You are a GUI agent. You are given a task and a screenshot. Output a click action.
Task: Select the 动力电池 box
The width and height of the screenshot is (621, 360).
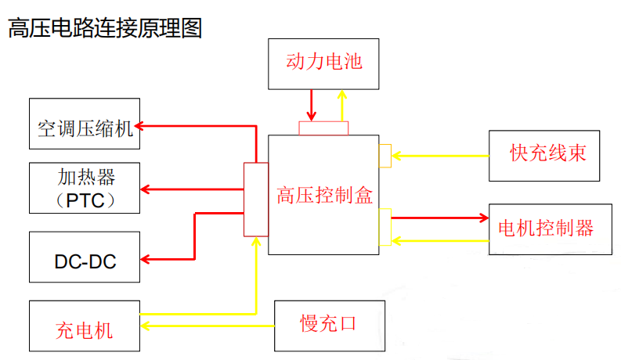[x=323, y=63]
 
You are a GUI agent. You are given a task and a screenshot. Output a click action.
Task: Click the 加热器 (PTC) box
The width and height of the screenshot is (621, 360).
[x=85, y=188]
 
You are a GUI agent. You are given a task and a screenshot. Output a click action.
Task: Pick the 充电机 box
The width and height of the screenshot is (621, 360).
[x=85, y=326]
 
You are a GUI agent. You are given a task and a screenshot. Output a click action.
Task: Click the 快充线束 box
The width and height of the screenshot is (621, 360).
[x=547, y=155]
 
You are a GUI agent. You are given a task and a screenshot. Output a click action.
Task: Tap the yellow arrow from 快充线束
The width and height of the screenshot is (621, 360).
[x=439, y=156]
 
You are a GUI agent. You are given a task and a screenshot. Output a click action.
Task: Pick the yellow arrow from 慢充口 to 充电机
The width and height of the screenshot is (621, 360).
[x=208, y=325]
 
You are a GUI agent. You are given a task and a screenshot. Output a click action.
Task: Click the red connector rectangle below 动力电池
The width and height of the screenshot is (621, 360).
[x=323, y=128]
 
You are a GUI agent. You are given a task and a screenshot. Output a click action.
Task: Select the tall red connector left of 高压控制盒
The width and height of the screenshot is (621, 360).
[x=256, y=199]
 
